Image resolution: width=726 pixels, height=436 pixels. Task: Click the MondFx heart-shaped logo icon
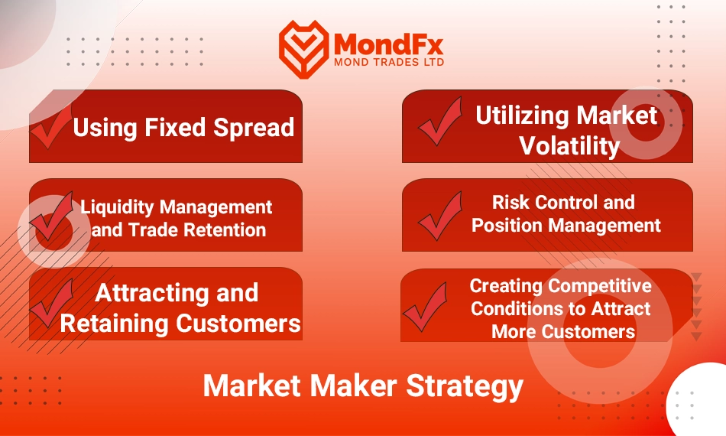coord(303,49)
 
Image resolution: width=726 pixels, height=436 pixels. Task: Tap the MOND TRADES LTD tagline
coord(389,62)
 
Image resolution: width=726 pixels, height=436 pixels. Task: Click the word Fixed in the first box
coord(175,127)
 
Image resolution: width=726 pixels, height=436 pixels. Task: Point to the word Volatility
coord(569,146)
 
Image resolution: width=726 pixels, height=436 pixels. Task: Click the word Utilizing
coord(522,116)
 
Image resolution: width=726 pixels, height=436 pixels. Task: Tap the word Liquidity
coord(117,207)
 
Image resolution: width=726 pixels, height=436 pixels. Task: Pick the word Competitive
coord(599,286)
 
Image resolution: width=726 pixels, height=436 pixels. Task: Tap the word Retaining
coord(114,324)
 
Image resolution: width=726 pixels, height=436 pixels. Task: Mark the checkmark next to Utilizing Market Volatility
coord(440,122)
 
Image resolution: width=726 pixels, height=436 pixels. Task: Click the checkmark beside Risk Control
coord(440,216)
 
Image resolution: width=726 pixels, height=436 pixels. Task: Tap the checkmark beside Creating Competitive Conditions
coord(425,307)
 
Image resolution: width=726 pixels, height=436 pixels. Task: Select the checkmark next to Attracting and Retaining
coord(52,303)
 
